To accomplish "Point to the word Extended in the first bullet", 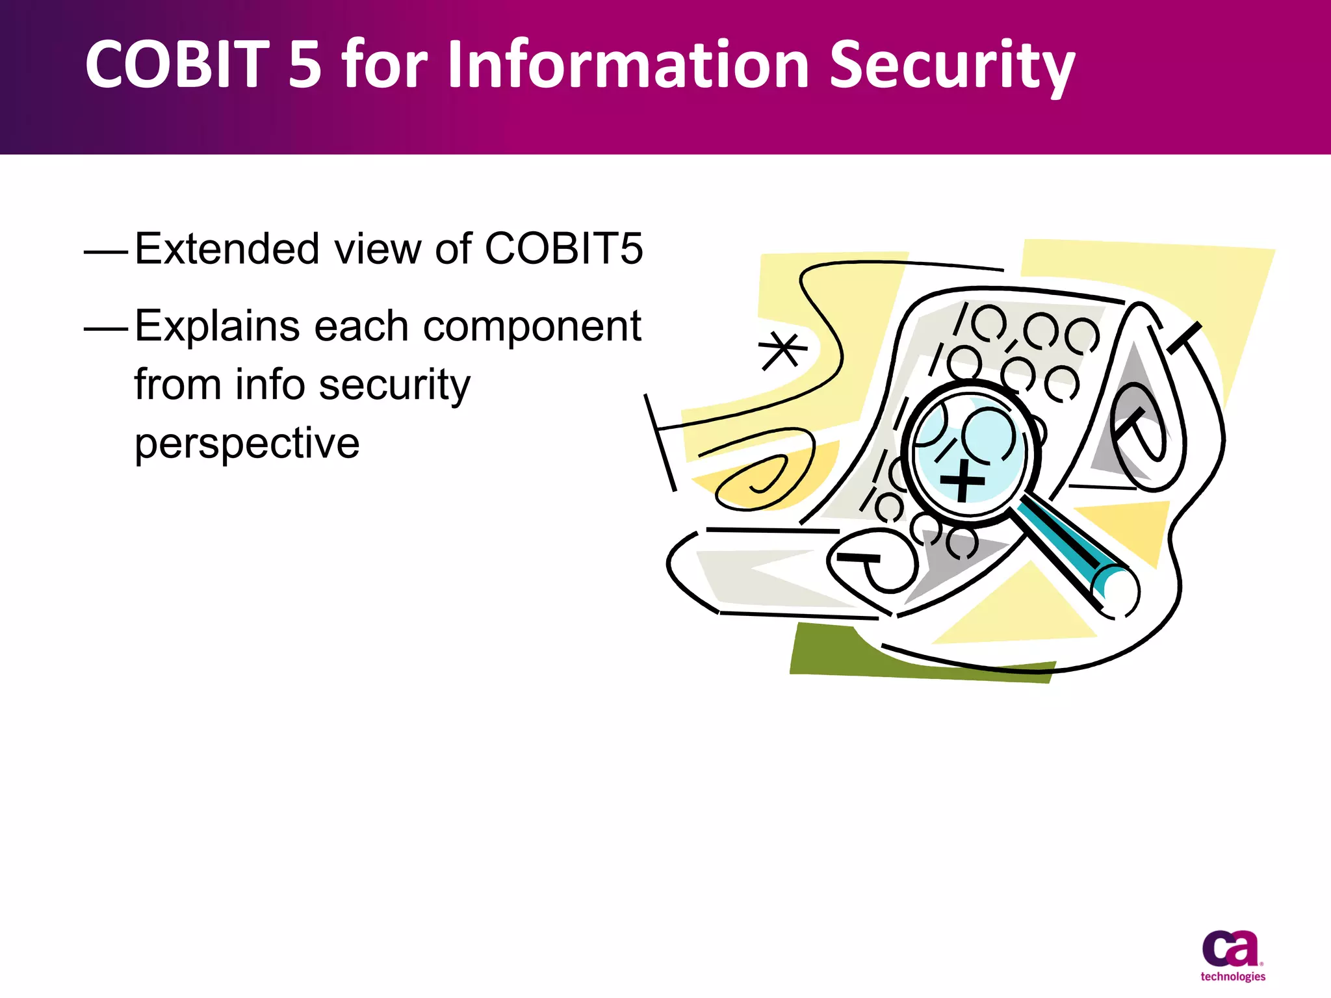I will tap(227, 249).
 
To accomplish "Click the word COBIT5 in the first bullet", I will tap(563, 249).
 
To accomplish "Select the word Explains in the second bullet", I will tap(217, 326).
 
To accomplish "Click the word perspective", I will tap(246, 444).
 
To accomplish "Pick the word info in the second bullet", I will tap(270, 385).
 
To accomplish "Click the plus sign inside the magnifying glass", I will tap(963, 481).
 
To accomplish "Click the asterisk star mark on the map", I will tap(782, 351).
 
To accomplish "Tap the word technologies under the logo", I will tap(1232, 977).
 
